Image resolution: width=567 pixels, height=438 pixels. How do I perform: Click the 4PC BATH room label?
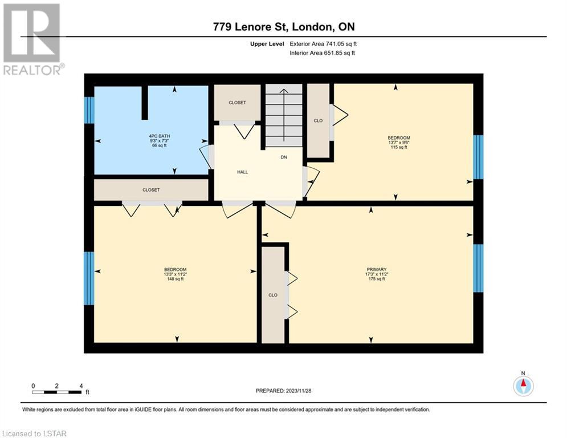point(160,136)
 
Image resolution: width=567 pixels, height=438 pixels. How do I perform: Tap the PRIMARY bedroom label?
point(377,269)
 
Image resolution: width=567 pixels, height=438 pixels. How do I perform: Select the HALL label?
point(242,172)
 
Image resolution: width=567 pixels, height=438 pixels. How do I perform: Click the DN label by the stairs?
point(284,157)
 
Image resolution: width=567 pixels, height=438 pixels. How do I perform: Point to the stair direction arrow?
point(284,115)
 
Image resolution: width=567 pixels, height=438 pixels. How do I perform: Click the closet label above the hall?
point(237,103)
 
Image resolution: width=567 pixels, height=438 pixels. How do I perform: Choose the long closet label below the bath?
point(151,190)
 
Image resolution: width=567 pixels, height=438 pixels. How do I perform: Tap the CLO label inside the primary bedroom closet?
point(273,295)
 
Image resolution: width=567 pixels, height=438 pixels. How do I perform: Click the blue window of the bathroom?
point(89,110)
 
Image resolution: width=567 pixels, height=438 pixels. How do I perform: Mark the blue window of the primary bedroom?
point(478,268)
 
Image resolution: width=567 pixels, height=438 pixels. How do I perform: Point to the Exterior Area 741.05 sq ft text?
point(323,44)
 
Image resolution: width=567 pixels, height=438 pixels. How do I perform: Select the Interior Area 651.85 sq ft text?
point(322,53)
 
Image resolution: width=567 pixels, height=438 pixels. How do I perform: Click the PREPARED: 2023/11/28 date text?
point(284,391)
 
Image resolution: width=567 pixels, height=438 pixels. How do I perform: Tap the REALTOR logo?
point(32,39)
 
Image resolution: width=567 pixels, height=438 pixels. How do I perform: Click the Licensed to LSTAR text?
point(34,433)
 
